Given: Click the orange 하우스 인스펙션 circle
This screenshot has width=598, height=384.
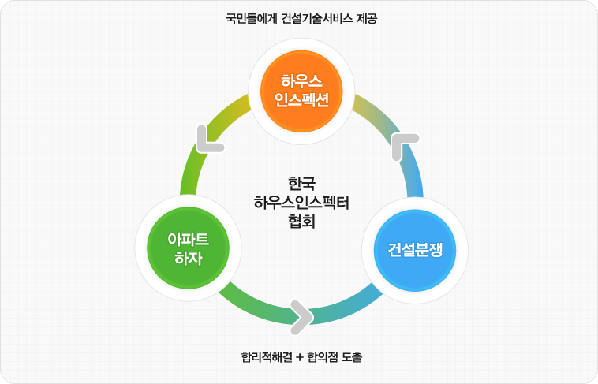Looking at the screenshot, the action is coord(301,91).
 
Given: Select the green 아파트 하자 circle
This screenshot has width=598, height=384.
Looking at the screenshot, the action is coord(188,248).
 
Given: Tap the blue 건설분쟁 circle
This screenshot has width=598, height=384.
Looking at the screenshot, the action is coord(415,250).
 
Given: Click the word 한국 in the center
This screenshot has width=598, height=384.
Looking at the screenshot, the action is coord(301,184).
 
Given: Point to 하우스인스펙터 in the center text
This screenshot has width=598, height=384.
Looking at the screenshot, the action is coord(301,203).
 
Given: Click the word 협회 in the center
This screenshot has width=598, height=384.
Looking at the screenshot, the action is coord(301,221).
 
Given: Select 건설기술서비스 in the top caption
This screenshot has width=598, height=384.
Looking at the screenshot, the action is coord(317,18).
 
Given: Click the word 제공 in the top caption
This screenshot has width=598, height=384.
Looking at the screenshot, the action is coord(367,18).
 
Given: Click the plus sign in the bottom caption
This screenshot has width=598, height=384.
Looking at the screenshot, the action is coord(300,358).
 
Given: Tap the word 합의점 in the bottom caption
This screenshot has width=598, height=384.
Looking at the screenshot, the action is coord(322,357).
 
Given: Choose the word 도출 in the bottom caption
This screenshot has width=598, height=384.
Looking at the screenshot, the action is coord(352,357).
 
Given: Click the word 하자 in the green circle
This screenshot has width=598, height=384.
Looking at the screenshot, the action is coord(188,258).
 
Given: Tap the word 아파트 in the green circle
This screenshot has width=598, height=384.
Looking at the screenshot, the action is coord(188,240).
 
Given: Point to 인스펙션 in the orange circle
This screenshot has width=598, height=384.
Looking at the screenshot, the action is coord(301,100).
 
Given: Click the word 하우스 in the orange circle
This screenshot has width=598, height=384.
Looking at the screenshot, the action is coord(301,81).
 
